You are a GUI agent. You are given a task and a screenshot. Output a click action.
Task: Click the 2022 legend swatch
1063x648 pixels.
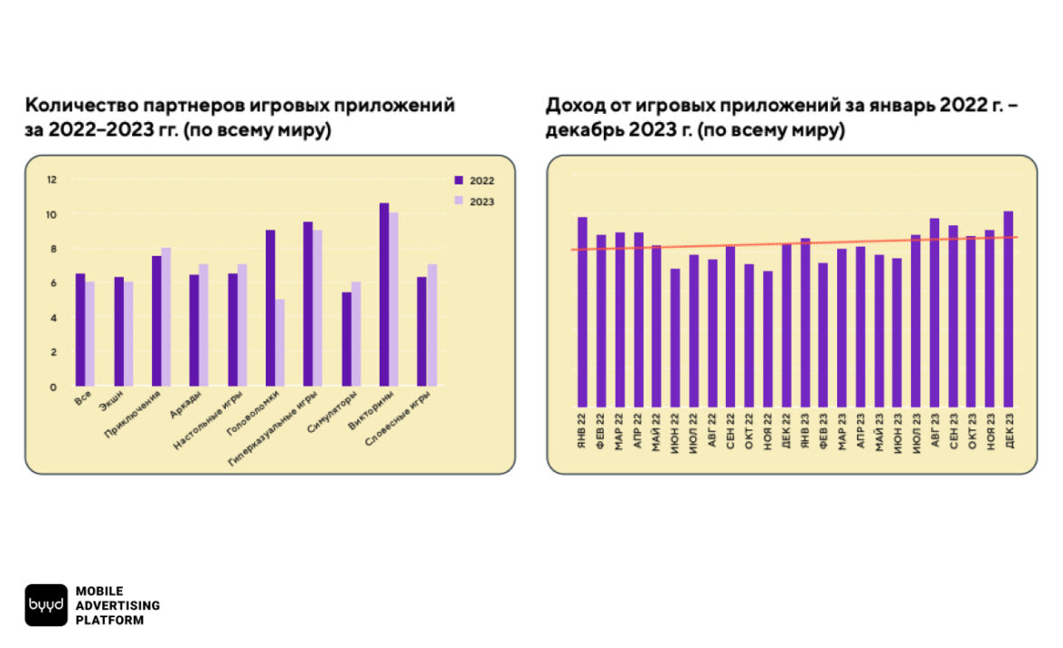(458, 180)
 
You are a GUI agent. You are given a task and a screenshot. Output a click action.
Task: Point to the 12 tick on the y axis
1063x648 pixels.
(52, 180)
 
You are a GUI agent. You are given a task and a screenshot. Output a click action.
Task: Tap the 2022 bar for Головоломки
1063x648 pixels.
(270, 308)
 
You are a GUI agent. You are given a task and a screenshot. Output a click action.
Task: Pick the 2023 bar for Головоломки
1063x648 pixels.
(280, 343)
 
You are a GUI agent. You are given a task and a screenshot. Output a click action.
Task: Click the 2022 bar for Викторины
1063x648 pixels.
(384, 295)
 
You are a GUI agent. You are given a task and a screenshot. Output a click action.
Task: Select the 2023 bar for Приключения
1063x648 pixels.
(165, 317)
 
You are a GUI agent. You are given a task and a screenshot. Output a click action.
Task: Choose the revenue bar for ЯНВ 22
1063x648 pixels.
(582, 312)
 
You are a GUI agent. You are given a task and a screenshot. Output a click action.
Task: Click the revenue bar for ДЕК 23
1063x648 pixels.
(1009, 309)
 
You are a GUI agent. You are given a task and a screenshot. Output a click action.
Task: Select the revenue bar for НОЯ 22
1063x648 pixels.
(767, 339)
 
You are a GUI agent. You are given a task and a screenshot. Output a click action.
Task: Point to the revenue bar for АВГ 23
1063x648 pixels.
(934, 313)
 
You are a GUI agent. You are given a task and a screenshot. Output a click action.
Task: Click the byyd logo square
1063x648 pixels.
(46, 605)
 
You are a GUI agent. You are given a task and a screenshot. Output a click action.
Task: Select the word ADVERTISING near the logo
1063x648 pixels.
(118, 605)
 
